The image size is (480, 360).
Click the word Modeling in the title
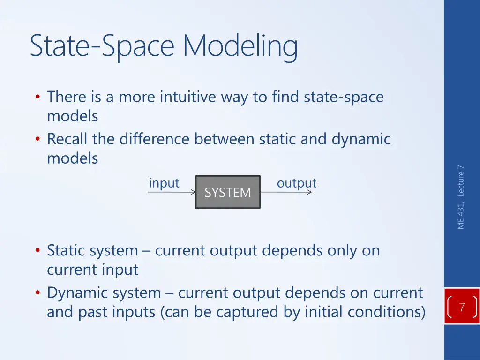click(240, 46)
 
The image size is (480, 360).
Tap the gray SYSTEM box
click(228, 192)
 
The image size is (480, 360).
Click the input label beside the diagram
click(164, 183)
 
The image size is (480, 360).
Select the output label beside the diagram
click(296, 183)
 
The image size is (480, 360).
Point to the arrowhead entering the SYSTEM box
click(193, 192)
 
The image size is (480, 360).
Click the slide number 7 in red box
click(462, 307)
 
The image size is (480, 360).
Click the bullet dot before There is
click(37, 97)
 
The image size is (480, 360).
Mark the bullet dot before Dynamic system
click(37, 293)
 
